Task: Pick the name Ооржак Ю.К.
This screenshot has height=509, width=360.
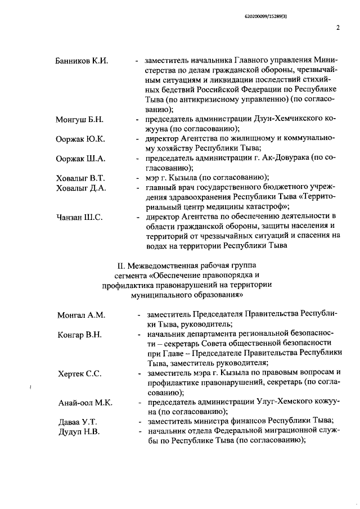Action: (x=80, y=140)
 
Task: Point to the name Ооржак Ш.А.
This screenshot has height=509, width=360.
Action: (x=81, y=160)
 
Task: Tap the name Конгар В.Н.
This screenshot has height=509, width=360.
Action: (x=79, y=335)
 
